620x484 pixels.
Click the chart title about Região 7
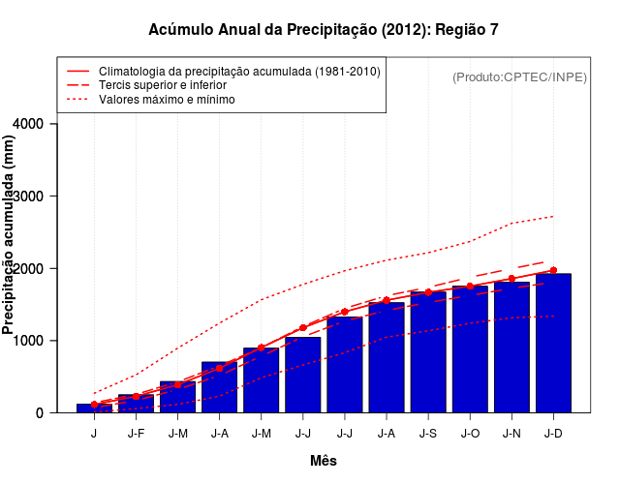click(324, 30)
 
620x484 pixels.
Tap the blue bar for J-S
click(428, 352)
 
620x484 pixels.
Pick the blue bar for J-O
click(470, 349)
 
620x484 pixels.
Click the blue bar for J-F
click(136, 404)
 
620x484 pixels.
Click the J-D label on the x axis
click(553, 433)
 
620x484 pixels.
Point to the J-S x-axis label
click(428, 433)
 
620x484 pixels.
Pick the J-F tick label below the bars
click(136, 433)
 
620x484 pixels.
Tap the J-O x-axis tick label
click(470, 433)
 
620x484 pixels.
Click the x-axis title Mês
click(324, 461)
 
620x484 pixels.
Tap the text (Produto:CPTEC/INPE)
click(519, 76)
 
